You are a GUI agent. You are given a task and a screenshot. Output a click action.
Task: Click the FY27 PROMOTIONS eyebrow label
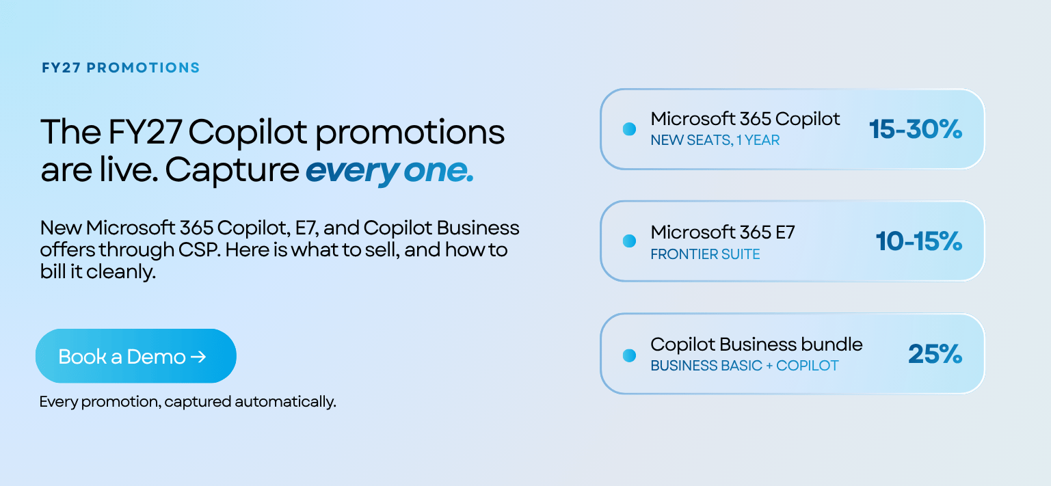pos(120,68)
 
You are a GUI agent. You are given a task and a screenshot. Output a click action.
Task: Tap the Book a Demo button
pos(136,356)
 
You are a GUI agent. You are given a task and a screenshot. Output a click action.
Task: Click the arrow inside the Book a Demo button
pos(198,357)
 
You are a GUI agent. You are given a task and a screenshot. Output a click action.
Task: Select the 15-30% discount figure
pos(916,129)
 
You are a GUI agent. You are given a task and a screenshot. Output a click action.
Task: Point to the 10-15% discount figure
pos(919,241)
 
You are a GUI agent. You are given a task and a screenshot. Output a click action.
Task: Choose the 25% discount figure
pos(935,353)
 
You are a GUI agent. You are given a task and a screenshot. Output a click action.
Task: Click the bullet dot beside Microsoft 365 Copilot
pos(629,129)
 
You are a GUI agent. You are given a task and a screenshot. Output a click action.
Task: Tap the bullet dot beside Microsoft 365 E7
pos(629,241)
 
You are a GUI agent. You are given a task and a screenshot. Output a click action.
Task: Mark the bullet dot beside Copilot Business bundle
pos(629,355)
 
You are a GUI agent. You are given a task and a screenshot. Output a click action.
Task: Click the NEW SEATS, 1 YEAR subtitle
pos(715,140)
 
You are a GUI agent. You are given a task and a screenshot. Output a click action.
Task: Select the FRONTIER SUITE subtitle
pos(705,254)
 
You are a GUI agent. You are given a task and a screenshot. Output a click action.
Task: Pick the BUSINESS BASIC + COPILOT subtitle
pos(745,366)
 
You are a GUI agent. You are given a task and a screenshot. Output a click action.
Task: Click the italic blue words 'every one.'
pos(390,170)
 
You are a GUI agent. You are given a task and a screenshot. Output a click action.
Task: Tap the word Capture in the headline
pos(232,170)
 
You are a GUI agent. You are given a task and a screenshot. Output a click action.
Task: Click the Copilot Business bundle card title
pos(756,345)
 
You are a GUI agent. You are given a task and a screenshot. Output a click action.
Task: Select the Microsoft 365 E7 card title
pos(723,232)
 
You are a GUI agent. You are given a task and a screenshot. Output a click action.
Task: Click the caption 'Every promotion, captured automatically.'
pos(187,402)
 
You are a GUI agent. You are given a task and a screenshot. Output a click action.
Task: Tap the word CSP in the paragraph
pos(198,250)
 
